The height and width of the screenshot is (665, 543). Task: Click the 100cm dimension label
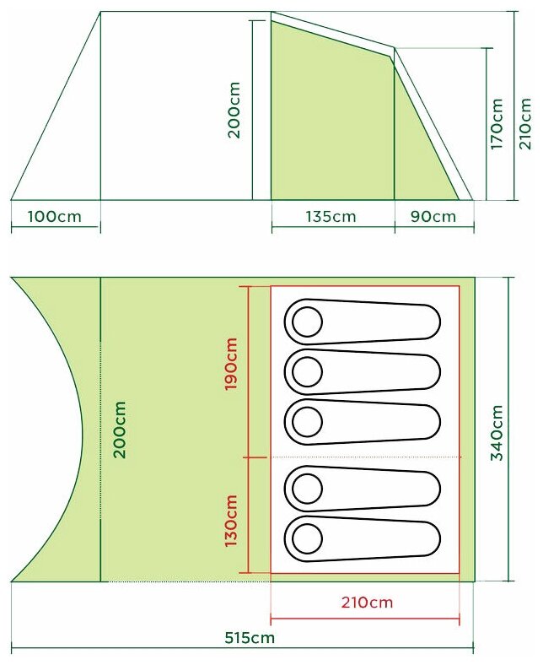click(54, 216)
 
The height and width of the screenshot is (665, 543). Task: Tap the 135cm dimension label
click(331, 216)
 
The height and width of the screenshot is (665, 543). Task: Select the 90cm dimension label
click(433, 216)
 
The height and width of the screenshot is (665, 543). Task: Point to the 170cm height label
click(497, 124)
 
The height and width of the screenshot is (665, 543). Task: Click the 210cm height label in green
click(524, 123)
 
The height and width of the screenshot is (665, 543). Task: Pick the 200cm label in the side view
click(234, 111)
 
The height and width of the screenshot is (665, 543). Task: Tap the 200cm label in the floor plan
click(120, 430)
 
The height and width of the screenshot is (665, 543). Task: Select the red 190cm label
click(230, 364)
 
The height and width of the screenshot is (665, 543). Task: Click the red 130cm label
click(230, 521)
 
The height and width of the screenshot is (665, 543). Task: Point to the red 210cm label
click(367, 603)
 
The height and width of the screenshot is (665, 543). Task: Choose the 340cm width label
click(497, 433)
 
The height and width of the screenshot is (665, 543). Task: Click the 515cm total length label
click(250, 637)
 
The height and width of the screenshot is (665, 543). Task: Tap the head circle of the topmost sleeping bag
click(307, 322)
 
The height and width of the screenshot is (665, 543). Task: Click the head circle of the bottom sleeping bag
click(307, 538)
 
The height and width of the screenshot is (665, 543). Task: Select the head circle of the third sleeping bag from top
click(307, 422)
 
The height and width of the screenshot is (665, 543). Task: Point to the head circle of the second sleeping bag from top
click(307, 371)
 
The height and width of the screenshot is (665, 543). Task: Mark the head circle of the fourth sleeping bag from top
click(307, 489)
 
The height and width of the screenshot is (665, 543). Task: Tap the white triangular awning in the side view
click(56, 105)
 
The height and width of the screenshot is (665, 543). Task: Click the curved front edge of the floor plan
click(81, 430)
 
